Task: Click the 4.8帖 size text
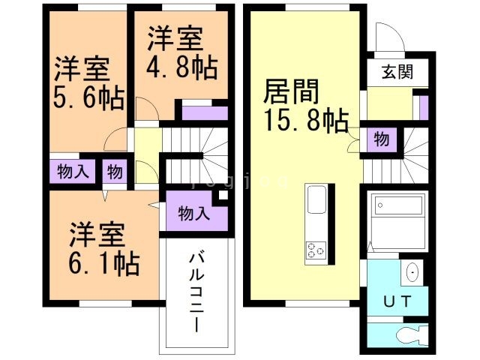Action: pyautogui.click(x=182, y=67)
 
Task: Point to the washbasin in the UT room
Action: pyautogui.click(x=411, y=274)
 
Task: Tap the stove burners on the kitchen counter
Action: pyautogui.click(x=315, y=250)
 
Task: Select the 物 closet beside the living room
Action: pyautogui.click(x=381, y=139)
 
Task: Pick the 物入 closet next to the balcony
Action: pyautogui.click(x=193, y=212)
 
